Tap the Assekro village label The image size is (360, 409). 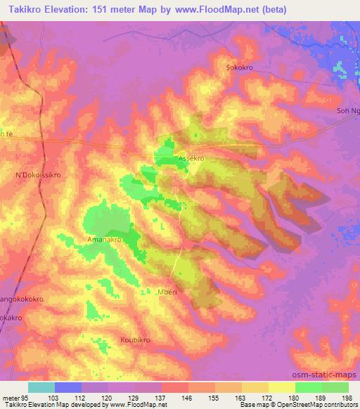pos(191,158)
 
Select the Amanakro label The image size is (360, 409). pos(105,240)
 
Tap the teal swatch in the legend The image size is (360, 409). pos(41,387)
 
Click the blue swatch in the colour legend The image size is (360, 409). pos(67,387)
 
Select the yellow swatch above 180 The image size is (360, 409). pos(281,387)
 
